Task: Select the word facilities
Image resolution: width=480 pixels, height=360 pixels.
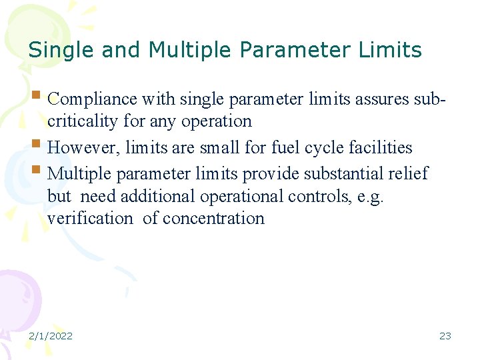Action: click(x=378, y=147)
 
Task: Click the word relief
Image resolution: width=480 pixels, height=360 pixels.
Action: click(x=409, y=173)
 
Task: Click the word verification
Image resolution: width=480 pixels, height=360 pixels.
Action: click(x=91, y=219)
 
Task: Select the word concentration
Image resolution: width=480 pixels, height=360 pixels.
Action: click(x=213, y=219)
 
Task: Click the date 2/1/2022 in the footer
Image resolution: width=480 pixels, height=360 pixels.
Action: click(x=51, y=335)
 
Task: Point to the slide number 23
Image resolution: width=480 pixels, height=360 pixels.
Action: click(x=445, y=335)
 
